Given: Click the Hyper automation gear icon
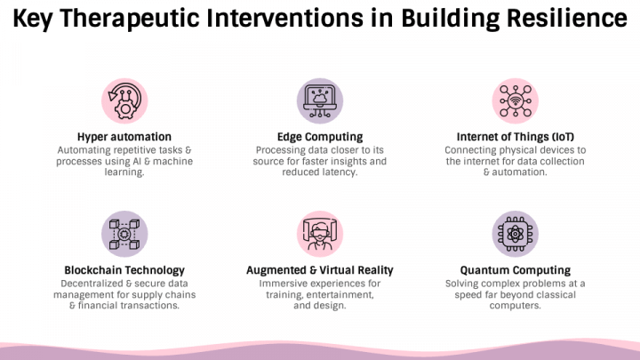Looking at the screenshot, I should [x=124, y=101].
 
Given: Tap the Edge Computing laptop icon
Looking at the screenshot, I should [x=319, y=101].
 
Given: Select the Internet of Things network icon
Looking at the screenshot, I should [x=515, y=101].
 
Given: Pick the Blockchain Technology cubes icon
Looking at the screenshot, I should [x=124, y=234].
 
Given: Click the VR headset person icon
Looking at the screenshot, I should [x=319, y=234].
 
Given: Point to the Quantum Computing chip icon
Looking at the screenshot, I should [x=515, y=234].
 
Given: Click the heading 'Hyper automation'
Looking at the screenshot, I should [x=124, y=137].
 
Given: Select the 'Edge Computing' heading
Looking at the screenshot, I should [x=319, y=137].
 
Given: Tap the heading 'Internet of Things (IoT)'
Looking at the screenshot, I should [x=515, y=137].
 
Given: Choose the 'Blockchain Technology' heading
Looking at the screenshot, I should [x=124, y=270].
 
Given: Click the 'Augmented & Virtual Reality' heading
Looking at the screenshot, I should [x=319, y=270].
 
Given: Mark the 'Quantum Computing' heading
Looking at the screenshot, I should [x=515, y=270].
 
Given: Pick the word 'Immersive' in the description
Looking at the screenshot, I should [x=286, y=283].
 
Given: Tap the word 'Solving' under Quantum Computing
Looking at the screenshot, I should [x=468, y=283].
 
